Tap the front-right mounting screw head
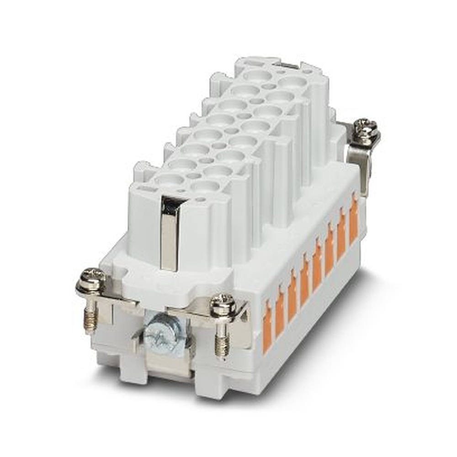[x=223, y=303]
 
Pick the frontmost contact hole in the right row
[x=205, y=186]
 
